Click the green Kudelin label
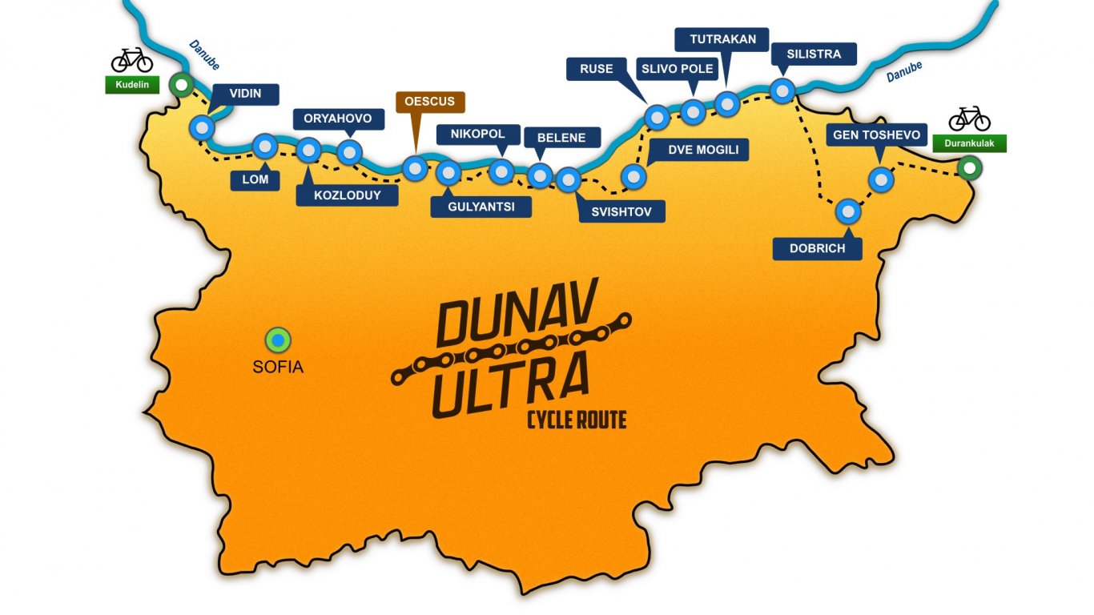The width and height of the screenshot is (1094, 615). [132, 84]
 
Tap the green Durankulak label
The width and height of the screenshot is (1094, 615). [969, 143]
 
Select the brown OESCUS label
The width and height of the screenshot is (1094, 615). [430, 102]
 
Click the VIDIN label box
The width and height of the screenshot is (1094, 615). [245, 94]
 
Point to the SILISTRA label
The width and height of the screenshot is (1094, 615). [814, 54]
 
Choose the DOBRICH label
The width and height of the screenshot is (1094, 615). [817, 248]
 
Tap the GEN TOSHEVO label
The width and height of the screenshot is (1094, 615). [877, 135]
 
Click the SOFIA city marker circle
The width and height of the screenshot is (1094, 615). [278, 340]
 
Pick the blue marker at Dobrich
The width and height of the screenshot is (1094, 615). [848, 212]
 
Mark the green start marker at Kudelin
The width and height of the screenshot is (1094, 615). [183, 83]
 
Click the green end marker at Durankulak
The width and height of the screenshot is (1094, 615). [969, 168]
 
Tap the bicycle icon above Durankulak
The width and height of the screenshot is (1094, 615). [969, 119]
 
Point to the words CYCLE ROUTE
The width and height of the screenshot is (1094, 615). [576, 419]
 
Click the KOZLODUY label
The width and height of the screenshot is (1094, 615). [347, 195]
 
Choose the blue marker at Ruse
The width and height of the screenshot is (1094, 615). [658, 118]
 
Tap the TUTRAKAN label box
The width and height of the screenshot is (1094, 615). [722, 38]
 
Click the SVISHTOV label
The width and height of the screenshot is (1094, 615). [621, 211]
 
